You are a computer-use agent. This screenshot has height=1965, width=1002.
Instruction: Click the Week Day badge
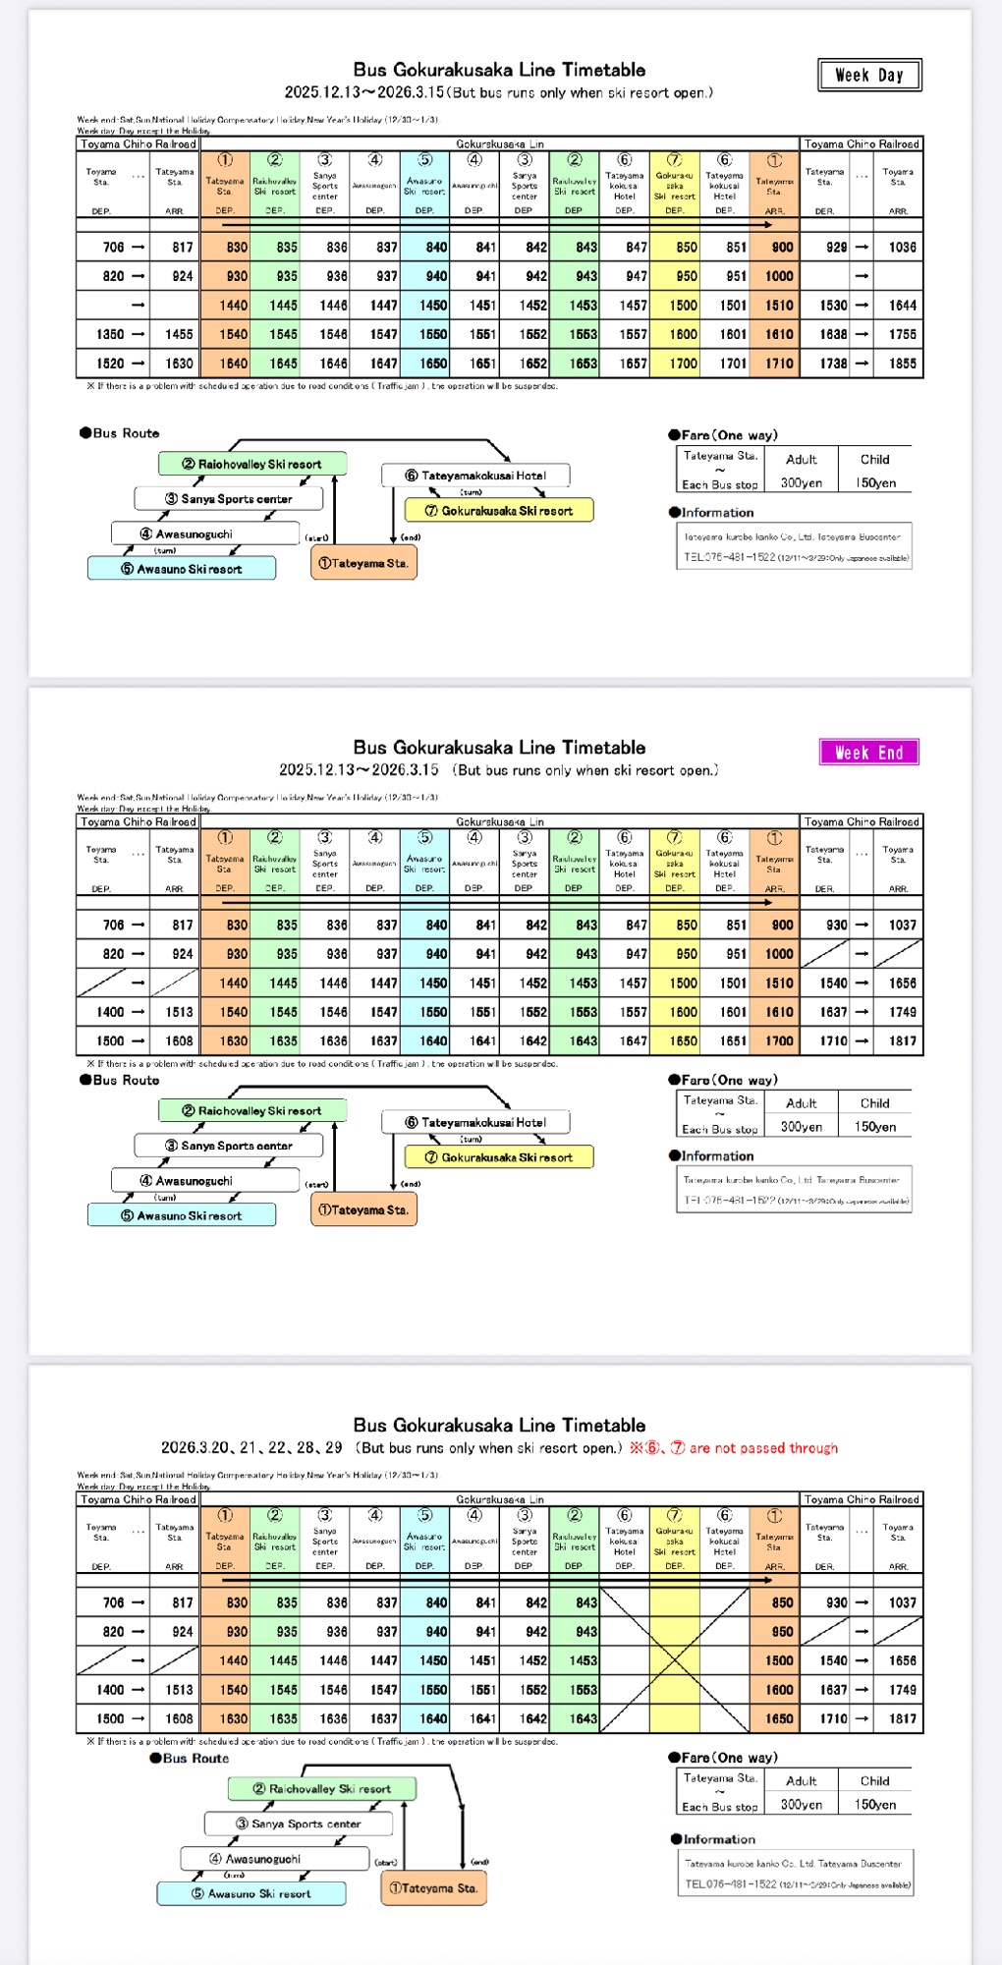[x=869, y=75]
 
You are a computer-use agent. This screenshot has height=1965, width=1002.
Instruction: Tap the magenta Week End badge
[x=868, y=753]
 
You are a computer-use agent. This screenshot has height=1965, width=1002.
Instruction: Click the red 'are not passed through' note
[x=763, y=1448]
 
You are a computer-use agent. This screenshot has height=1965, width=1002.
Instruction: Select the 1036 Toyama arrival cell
[x=902, y=248]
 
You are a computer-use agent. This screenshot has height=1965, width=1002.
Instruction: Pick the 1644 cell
[x=902, y=306]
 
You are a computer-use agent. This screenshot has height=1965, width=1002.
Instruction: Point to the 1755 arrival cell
[x=902, y=334]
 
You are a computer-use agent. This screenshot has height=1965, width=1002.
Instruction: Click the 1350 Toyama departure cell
[x=110, y=334]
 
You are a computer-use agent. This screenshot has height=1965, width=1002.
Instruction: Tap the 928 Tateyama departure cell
[x=836, y=248]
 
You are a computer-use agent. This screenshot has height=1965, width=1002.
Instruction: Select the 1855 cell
[x=902, y=364]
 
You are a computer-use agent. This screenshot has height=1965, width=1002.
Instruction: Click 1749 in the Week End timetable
[x=902, y=1012]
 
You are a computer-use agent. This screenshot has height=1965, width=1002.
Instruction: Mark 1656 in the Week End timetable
[x=902, y=983]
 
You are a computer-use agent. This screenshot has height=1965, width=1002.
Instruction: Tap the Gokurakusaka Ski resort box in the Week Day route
[x=499, y=511]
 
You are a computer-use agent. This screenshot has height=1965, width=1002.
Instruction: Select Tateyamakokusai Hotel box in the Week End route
[x=475, y=1122]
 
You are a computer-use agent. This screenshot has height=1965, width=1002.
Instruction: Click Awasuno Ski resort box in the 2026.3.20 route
[x=251, y=1893]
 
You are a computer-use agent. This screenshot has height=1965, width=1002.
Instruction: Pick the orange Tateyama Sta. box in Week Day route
[x=362, y=563]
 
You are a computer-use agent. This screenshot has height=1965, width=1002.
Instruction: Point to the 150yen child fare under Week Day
[x=875, y=483]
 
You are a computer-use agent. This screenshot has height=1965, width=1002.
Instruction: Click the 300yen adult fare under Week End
[x=801, y=1127]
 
